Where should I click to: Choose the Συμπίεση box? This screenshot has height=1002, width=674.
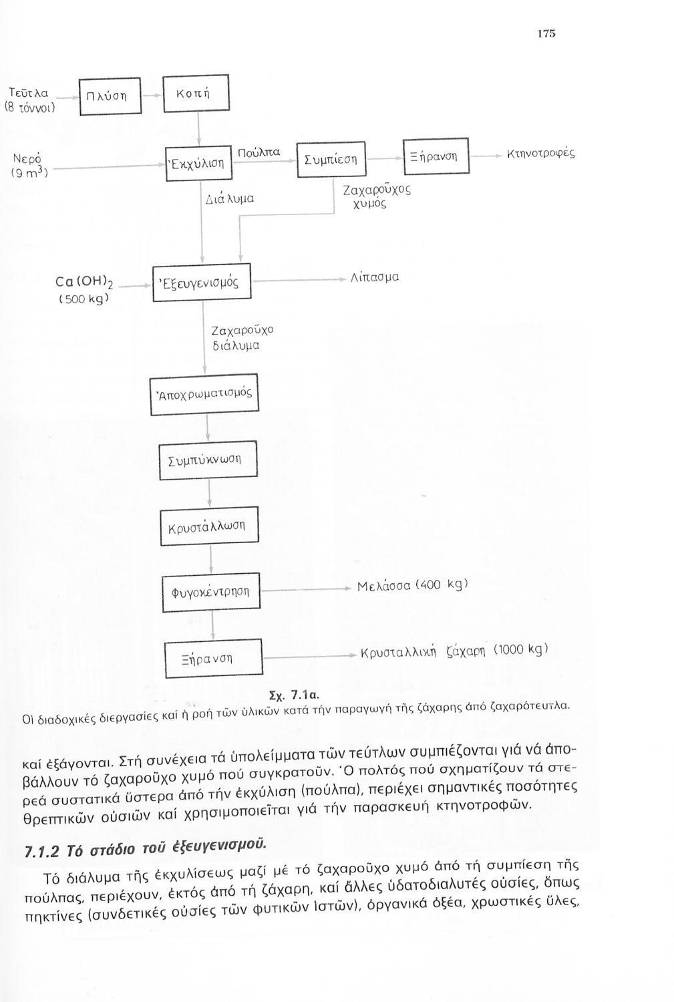coord(331,159)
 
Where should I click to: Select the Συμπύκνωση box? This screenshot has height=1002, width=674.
coord(208,461)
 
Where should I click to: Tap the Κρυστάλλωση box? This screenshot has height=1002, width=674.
coord(208,526)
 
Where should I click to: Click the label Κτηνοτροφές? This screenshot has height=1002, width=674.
coord(540,154)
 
